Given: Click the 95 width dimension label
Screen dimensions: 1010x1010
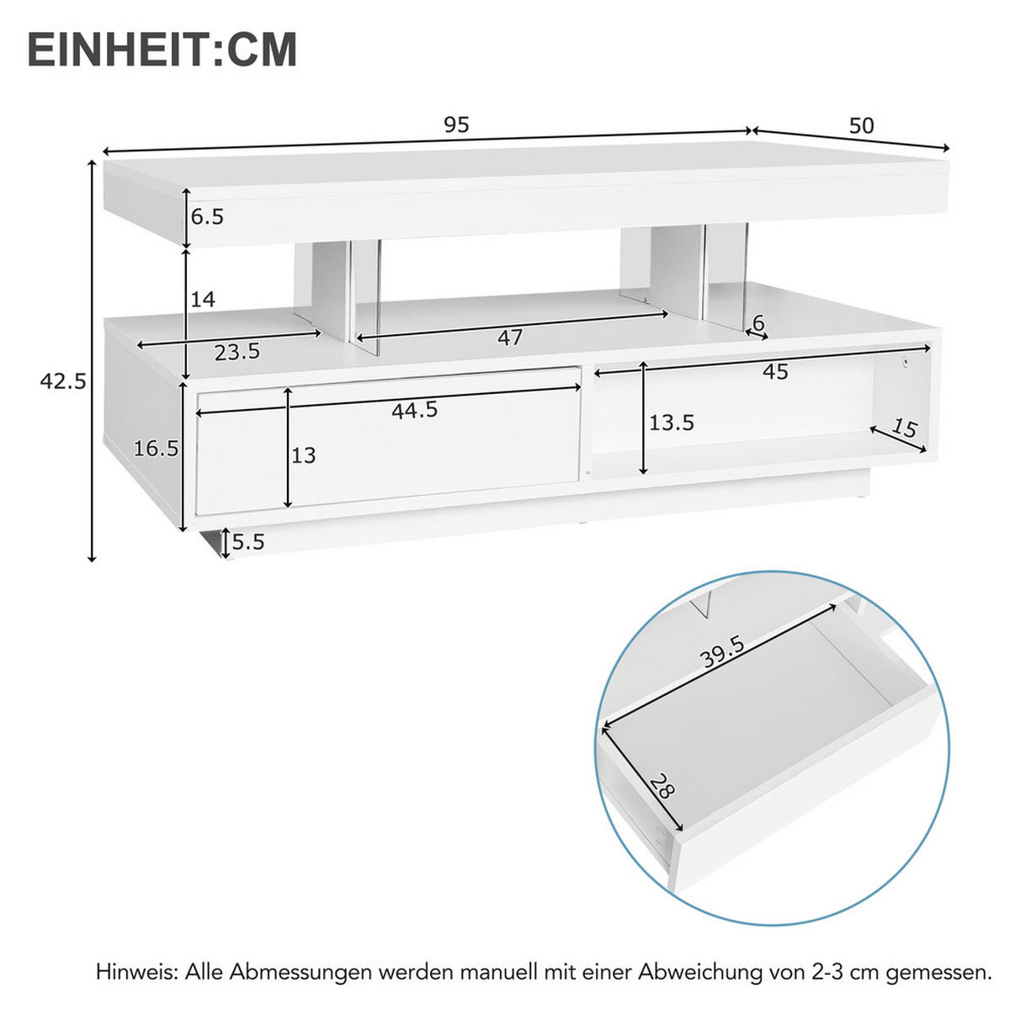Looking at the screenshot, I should coord(456,125).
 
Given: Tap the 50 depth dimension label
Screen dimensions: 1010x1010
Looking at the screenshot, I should coord(861,126).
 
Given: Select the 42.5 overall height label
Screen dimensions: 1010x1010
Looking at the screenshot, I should coord(63,382).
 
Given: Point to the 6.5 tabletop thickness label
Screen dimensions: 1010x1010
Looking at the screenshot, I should coord(207,217).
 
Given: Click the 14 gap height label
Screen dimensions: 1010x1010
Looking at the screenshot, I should coord(203,299).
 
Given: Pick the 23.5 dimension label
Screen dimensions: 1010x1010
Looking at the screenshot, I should coord(237,353).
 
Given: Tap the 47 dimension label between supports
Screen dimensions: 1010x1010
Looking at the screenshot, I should coord(510,338).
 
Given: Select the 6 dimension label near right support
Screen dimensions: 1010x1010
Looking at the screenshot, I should coord(757,322).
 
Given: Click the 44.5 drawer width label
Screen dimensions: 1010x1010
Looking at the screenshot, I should coord(414,410).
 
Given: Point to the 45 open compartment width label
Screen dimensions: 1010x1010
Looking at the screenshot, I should coord(775,371).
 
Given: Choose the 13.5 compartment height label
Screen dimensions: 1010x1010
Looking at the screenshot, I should coord(671,423).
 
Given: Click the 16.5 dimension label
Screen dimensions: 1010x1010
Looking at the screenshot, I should coord(156,449).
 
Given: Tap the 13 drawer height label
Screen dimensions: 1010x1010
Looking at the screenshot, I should coord(303,455).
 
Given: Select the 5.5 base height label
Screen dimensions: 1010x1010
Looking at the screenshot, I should coord(248,542).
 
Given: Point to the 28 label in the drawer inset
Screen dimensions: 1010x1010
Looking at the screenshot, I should coord(662,786).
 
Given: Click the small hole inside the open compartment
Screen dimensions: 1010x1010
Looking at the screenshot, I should coord(906,363).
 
